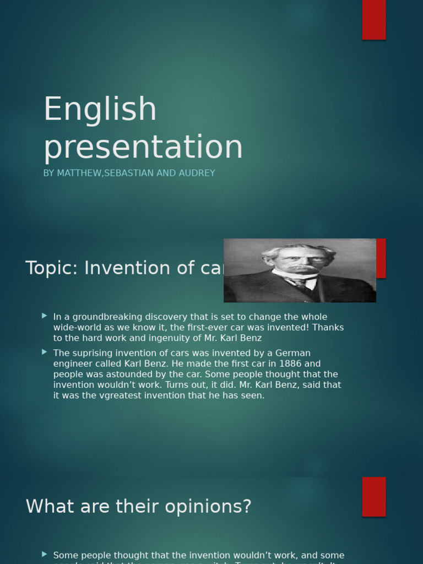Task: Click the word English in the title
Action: (x=100, y=110)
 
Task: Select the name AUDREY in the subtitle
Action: (x=196, y=173)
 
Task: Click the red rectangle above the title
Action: (x=373, y=19)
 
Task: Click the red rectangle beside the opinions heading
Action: (x=373, y=496)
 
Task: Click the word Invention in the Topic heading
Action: (x=123, y=268)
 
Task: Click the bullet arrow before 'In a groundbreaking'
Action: (x=44, y=316)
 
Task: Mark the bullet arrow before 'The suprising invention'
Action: (x=44, y=352)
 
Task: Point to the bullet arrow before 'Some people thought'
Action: (x=44, y=554)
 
